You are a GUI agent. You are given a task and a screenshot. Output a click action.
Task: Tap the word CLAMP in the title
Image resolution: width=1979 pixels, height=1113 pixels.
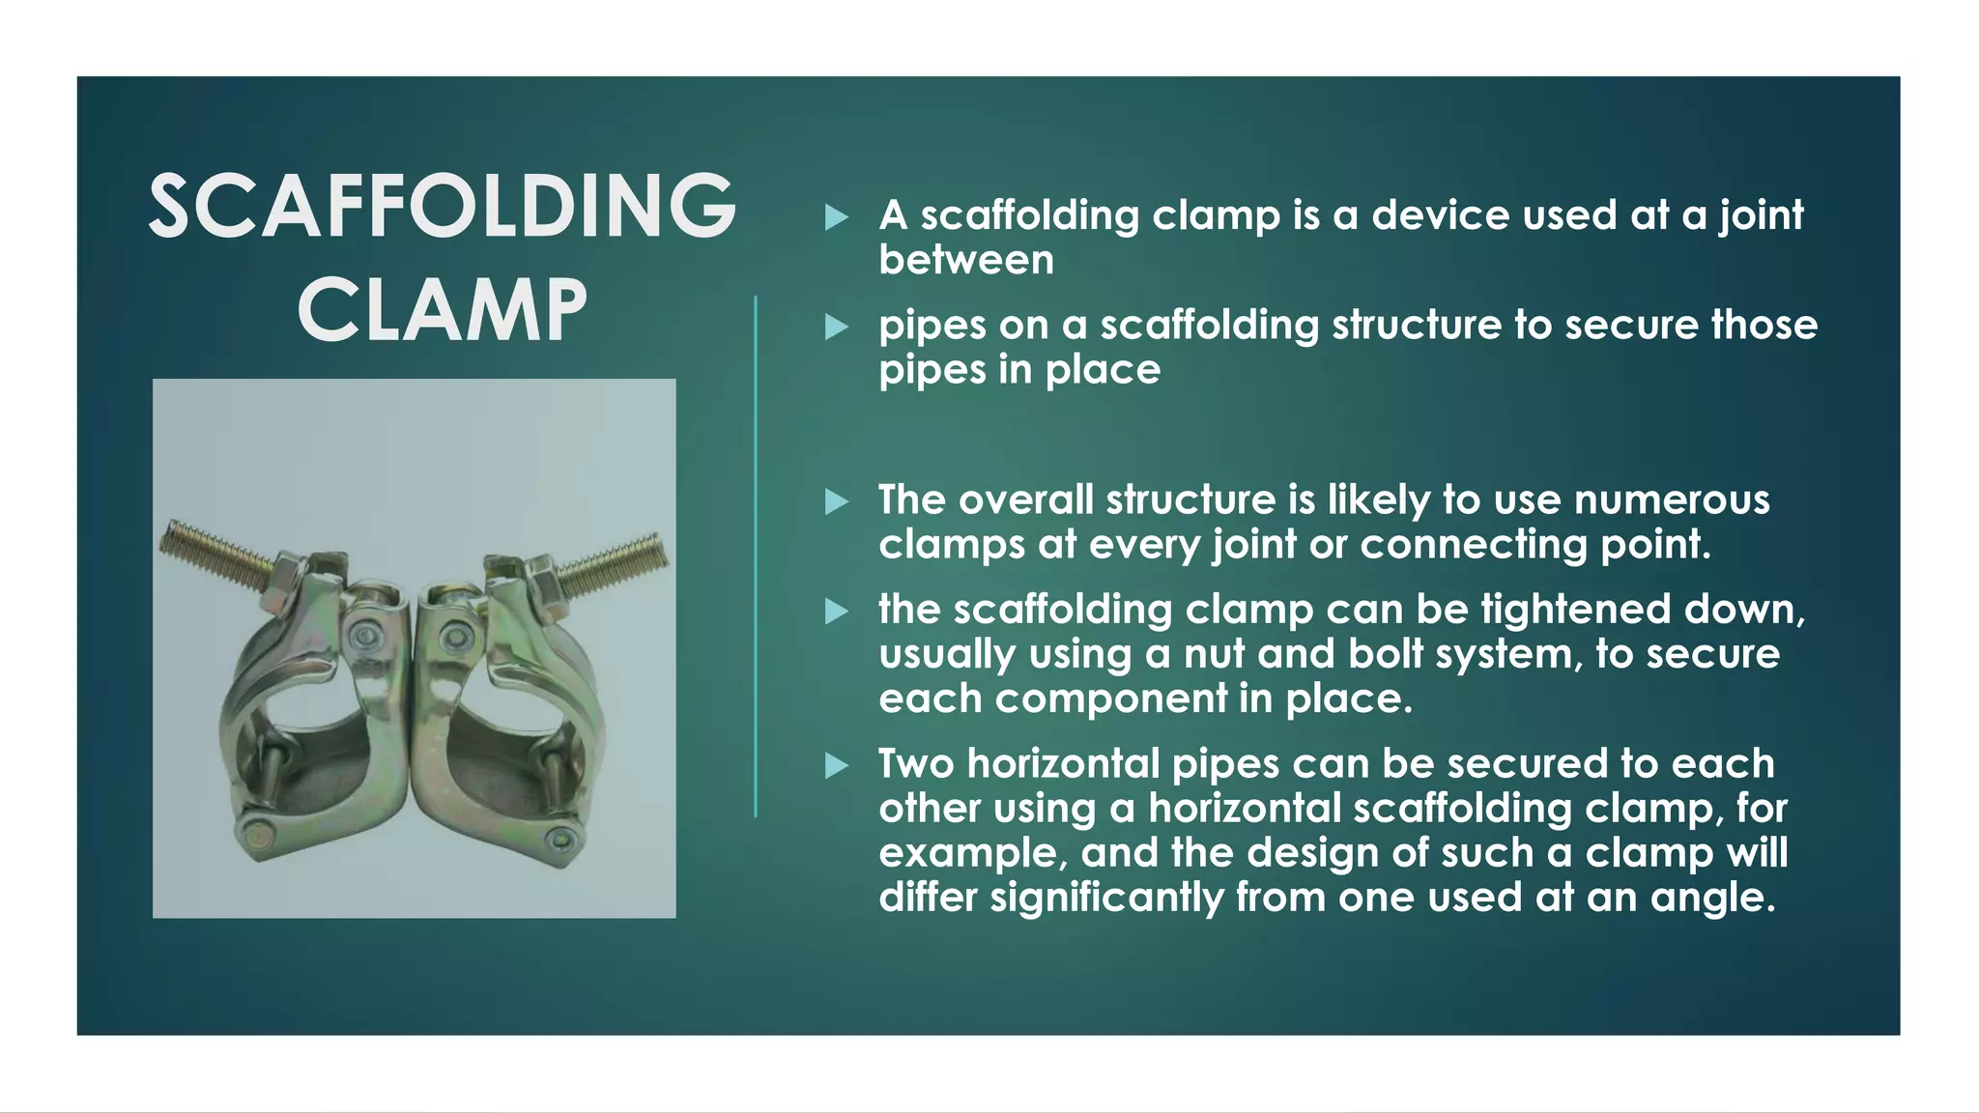443,310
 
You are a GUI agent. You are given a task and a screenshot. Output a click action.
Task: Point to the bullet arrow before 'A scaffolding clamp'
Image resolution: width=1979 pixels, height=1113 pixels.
837,217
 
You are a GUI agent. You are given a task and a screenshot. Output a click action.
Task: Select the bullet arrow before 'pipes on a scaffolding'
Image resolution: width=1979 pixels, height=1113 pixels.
837,328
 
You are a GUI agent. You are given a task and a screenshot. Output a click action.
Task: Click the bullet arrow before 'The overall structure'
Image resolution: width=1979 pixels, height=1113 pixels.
837,501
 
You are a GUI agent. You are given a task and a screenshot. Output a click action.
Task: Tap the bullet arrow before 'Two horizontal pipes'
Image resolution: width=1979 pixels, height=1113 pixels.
837,766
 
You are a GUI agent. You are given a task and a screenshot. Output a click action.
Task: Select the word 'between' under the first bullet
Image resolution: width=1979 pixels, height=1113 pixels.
966,260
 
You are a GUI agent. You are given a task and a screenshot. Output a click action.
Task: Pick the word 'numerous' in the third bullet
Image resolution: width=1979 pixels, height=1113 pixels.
1672,499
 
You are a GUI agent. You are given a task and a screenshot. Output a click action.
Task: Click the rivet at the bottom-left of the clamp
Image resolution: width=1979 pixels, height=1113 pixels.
256,832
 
